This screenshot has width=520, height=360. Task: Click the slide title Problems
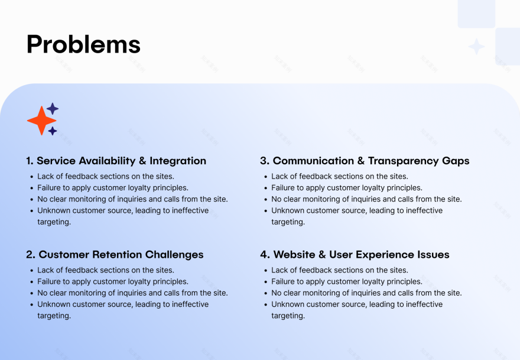[83, 44]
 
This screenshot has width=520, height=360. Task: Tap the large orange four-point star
[41, 121]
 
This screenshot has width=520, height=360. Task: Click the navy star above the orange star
[53, 109]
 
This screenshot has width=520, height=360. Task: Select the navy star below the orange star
[53, 131]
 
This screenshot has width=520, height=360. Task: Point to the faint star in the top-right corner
[476, 47]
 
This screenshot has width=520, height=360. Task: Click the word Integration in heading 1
[178, 161]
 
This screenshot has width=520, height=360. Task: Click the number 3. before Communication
[265, 161]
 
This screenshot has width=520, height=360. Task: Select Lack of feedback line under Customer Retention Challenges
[105, 270]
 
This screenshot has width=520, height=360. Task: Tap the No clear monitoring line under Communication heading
[366, 199]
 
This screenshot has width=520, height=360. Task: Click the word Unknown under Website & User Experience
[287, 304]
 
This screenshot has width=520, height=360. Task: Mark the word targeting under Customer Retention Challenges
[54, 316]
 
